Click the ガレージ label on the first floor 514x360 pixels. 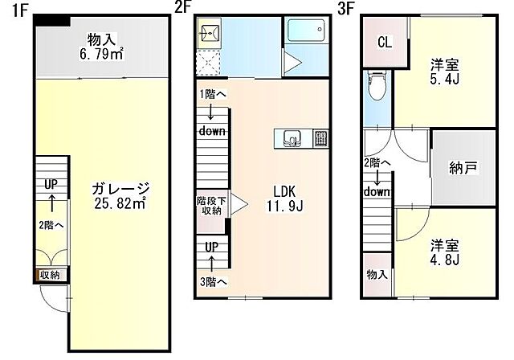120,189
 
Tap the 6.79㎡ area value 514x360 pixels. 102,54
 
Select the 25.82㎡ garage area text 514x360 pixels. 120,203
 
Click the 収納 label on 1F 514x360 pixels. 50,275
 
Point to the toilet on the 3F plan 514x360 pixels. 377,86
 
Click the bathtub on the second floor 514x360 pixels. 306,30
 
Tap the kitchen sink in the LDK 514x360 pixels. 291,139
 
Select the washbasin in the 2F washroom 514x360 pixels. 209,33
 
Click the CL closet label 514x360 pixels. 385,43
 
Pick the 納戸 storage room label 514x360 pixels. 463,168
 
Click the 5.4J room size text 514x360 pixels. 444,80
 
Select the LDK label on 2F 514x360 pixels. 285,191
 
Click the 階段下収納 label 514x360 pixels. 211,206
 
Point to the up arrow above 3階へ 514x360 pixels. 212,264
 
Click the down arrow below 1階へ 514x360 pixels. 210,112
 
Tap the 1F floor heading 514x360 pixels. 19,10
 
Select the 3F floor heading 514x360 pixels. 346,9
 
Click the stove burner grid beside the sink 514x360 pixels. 320,139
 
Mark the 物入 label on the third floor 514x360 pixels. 377,274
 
